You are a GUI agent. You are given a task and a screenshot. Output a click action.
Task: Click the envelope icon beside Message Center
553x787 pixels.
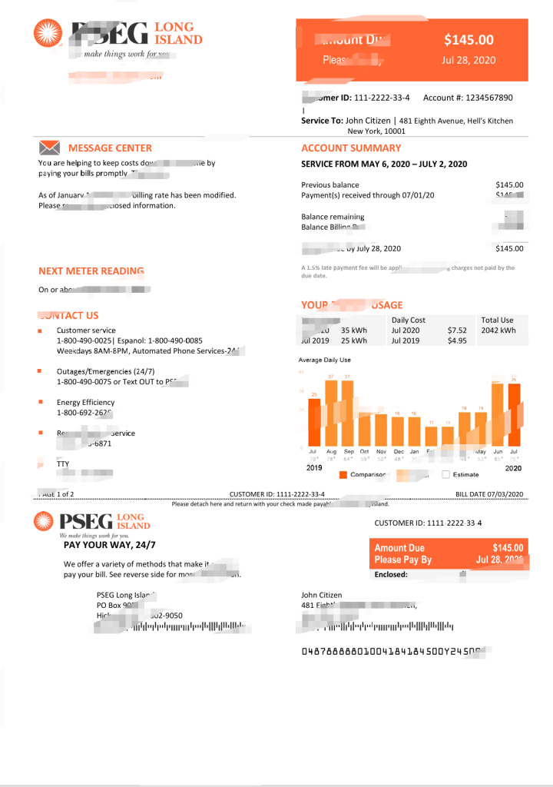(x=48, y=147)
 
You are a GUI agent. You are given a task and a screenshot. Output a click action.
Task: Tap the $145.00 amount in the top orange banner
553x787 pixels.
(x=469, y=40)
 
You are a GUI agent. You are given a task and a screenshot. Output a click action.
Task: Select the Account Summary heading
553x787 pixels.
(x=351, y=148)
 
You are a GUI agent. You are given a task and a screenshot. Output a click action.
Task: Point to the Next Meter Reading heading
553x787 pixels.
(x=91, y=271)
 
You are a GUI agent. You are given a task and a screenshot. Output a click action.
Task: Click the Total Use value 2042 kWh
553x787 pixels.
(x=498, y=330)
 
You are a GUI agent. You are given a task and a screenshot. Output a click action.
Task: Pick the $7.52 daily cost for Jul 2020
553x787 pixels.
(x=457, y=330)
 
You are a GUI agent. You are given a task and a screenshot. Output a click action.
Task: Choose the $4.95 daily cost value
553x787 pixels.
(x=457, y=340)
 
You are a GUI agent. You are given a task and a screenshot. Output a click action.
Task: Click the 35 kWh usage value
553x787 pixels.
(x=354, y=330)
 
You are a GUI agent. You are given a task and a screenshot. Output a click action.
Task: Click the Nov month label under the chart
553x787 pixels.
(x=381, y=451)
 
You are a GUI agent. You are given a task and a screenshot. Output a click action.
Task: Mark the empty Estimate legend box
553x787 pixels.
(x=445, y=475)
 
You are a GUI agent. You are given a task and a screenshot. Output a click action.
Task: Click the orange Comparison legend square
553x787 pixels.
(x=343, y=475)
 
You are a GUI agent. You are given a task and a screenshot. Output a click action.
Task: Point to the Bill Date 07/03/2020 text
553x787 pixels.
(x=489, y=493)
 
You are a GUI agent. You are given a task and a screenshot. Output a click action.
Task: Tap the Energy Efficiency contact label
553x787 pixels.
(x=85, y=402)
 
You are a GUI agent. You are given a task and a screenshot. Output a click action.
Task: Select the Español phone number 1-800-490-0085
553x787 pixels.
(x=174, y=340)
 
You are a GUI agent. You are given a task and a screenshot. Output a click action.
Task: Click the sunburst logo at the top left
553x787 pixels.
(x=48, y=33)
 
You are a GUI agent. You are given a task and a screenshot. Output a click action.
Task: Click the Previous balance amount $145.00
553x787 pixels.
(x=509, y=185)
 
